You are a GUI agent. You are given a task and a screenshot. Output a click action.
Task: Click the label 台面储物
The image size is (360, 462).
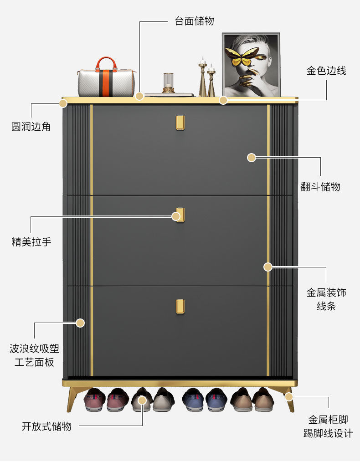click(194, 21)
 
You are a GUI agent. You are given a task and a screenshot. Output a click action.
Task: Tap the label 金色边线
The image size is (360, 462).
click(326, 71)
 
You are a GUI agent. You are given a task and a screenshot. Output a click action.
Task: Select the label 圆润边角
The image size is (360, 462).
click(31, 126)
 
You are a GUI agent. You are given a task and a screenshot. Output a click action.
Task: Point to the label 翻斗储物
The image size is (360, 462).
click(320, 186)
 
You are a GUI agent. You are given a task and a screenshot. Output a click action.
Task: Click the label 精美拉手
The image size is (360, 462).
click(31, 241)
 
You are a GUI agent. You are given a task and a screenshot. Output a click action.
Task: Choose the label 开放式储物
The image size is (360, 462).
click(46, 426)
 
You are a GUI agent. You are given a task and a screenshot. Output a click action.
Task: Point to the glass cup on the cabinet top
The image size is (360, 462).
click(169, 82)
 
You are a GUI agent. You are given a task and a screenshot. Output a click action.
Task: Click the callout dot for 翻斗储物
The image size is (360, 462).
click(252, 158)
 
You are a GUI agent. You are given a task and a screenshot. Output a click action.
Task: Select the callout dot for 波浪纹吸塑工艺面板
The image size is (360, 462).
click(80, 323)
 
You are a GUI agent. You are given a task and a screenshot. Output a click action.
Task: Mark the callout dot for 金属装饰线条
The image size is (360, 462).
click(268, 267)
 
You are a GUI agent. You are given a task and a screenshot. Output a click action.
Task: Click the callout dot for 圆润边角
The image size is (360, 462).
click(63, 103)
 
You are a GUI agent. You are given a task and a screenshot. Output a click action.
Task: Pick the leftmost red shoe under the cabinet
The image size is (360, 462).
click(95, 400)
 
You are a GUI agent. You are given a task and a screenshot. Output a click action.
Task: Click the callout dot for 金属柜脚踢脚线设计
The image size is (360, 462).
click(289, 396)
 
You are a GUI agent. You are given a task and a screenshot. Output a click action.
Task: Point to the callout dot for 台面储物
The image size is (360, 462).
click(139, 96)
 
